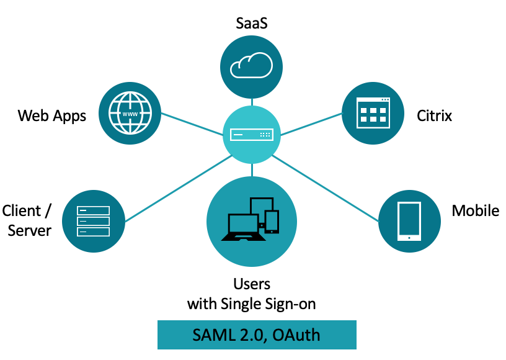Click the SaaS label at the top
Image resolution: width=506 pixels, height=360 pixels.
[251, 23]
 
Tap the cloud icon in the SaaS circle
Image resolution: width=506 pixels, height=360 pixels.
[251, 65]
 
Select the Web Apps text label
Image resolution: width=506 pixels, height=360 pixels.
[52, 115]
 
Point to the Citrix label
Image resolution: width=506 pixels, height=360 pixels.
[434, 115]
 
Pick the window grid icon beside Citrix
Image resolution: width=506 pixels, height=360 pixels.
[373, 114]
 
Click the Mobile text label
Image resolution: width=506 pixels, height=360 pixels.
[475, 210]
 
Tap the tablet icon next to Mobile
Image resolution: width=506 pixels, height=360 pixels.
[409, 220]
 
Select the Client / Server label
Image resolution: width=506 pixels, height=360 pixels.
[27, 220]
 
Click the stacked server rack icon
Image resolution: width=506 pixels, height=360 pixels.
[93, 220]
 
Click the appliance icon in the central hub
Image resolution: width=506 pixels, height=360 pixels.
[251, 134]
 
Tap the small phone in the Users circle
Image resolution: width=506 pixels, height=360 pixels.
[271, 222]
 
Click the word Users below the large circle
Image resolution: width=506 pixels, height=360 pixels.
[252, 284]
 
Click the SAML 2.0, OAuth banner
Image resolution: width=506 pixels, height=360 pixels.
[257, 335]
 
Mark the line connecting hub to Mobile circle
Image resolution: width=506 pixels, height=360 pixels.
[329, 189]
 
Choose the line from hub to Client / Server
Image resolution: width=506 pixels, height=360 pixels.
[177, 189]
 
